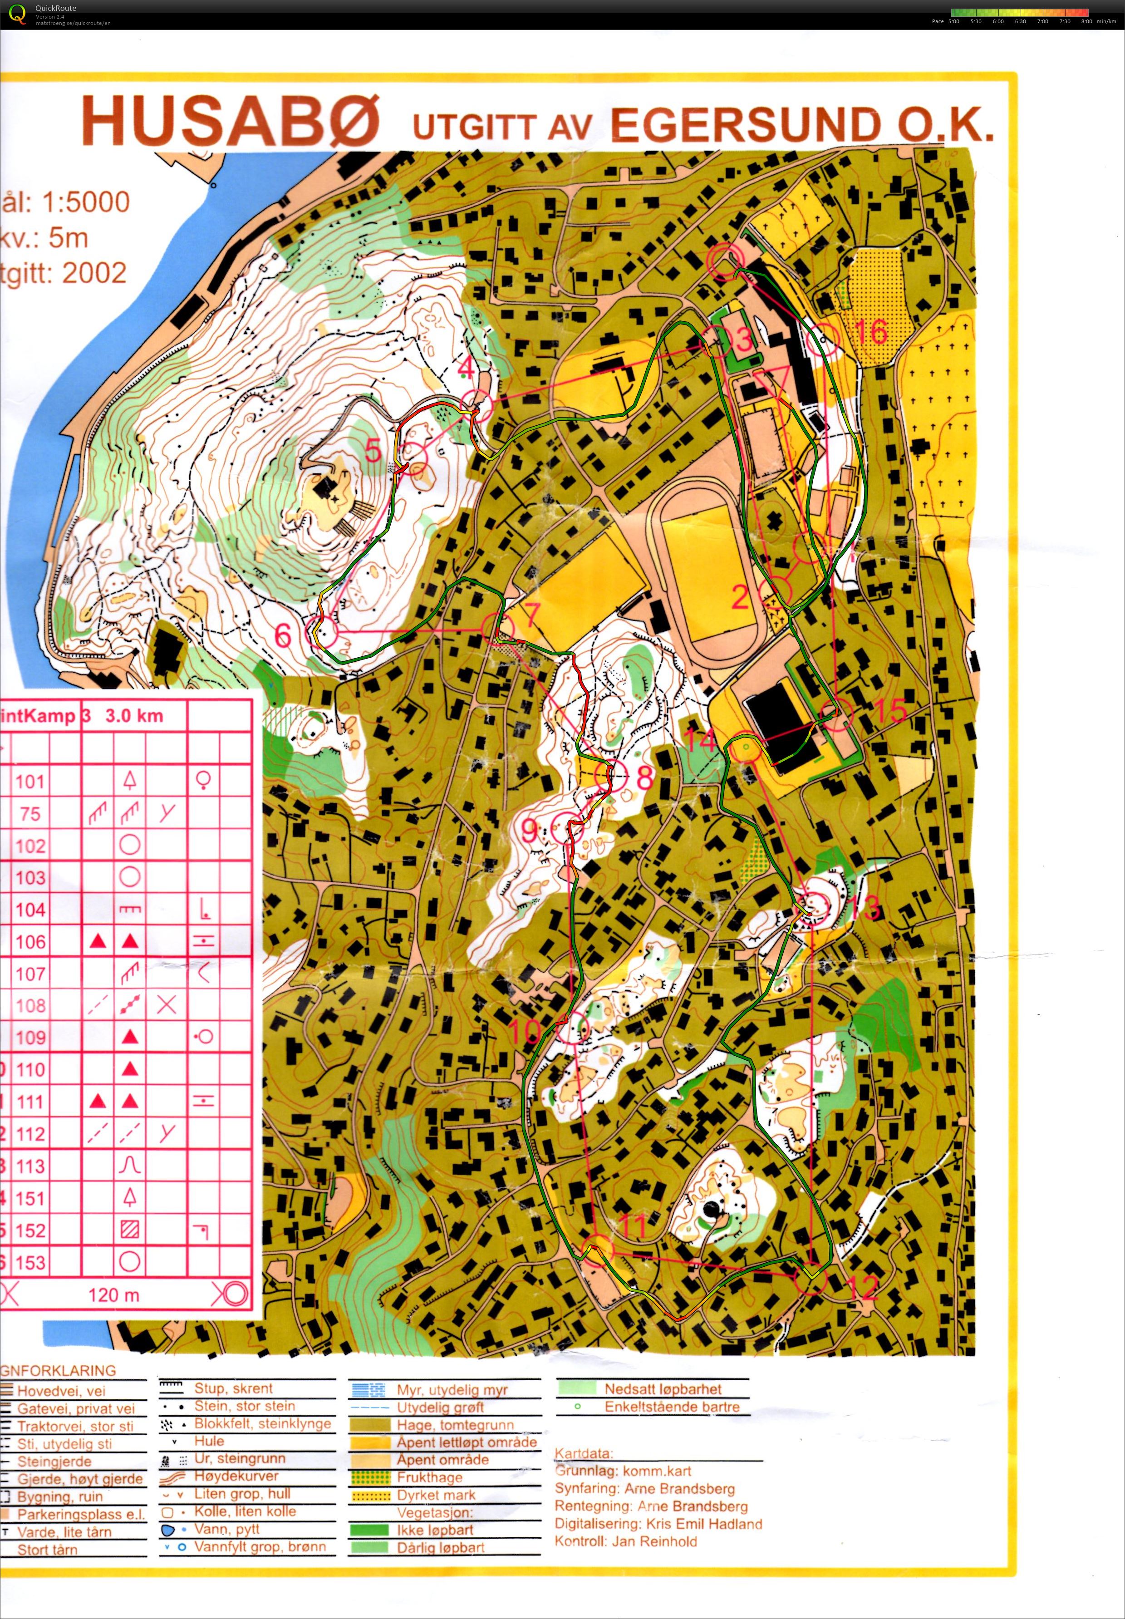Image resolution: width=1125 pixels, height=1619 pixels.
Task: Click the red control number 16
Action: [872, 331]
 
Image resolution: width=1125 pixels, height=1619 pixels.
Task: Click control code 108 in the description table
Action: [30, 1005]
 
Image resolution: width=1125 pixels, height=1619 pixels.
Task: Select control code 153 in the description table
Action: [30, 1262]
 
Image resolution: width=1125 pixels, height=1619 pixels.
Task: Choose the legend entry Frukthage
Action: [429, 1476]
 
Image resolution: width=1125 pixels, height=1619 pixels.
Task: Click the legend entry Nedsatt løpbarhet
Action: [663, 1388]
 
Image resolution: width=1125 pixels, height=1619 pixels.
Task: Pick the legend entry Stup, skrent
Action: [233, 1388]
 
